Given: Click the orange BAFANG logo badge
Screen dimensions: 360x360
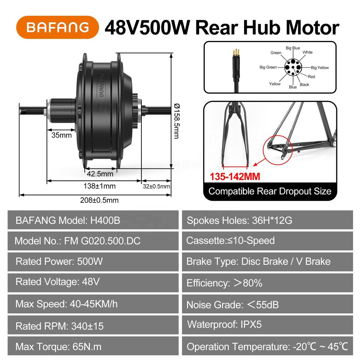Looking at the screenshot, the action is click(x=57, y=27).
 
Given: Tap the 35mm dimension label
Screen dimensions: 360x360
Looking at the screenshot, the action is click(x=61, y=135).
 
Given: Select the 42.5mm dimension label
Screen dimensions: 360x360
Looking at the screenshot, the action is click(x=100, y=174).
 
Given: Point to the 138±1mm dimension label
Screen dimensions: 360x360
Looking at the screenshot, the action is click(x=99, y=186).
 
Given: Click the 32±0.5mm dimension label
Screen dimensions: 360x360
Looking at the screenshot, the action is click(x=156, y=186).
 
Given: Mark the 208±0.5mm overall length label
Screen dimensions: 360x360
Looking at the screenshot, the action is click(x=99, y=200).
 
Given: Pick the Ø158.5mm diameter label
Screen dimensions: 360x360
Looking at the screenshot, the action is click(x=177, y=121).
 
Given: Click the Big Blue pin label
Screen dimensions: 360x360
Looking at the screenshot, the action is click(x=293, y=48).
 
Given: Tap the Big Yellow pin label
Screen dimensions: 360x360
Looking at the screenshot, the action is click(x=320, y=67).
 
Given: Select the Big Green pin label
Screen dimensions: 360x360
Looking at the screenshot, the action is click(x=268, y=67).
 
